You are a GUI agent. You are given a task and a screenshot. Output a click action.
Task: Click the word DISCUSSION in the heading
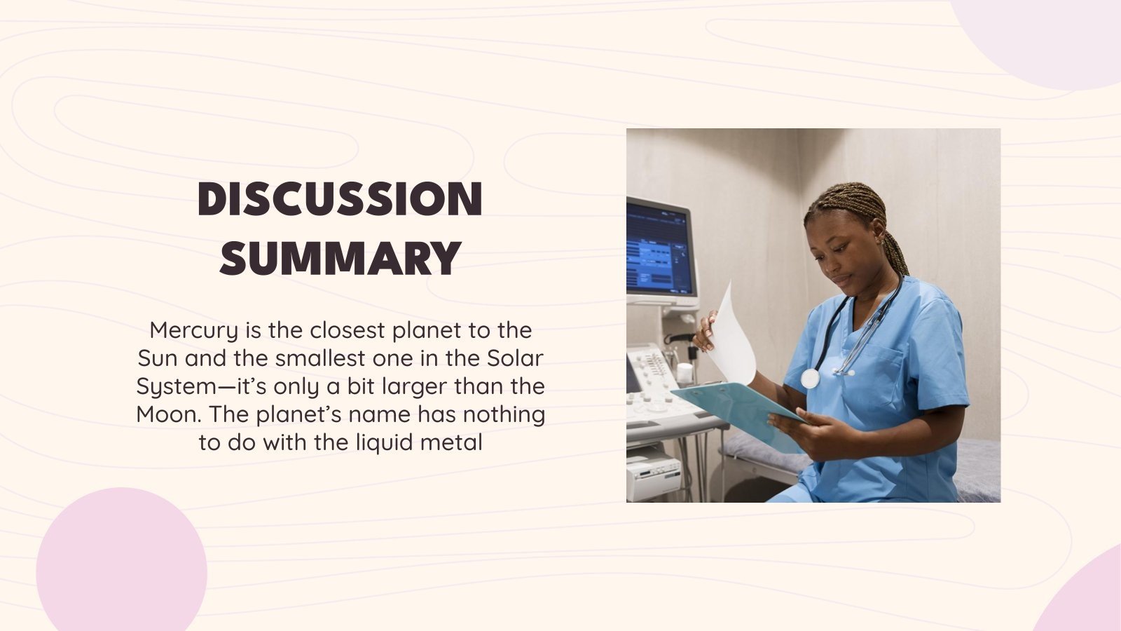click(x=341, y=198)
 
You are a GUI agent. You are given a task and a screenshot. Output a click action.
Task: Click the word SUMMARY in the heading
click(x=341, y=258)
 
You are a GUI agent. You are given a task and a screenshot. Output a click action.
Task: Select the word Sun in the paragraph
click(x=158, y=358)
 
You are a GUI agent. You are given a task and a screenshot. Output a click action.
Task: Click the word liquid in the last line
click(x=387, y=442)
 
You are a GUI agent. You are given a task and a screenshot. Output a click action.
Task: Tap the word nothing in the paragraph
click(x=504, y=414)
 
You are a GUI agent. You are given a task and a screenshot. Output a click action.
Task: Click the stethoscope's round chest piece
click(x=810, y=379)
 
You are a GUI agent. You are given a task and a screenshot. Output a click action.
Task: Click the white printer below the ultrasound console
click(x=652, y=473)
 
